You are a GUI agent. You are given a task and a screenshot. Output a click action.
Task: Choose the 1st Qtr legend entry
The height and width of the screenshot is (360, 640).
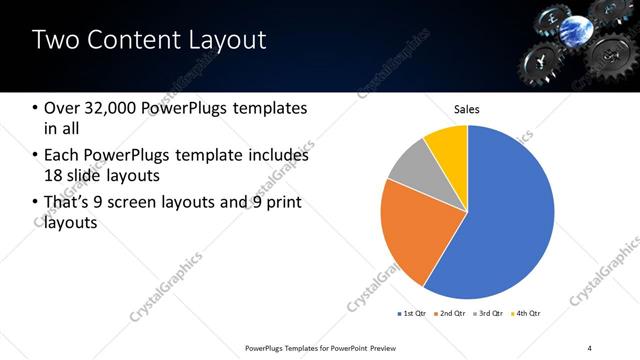point(413,314)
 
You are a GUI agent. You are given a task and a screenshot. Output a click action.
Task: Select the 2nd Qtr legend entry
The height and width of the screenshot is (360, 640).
point(450,314)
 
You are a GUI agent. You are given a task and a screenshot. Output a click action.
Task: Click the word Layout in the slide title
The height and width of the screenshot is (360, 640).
point(222,41)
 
